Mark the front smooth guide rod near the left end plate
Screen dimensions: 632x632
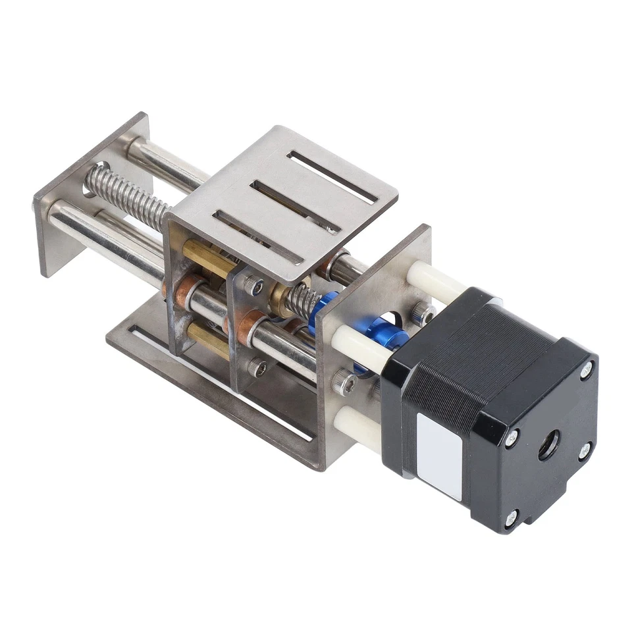pyautogui.click(x=99, y=230)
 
